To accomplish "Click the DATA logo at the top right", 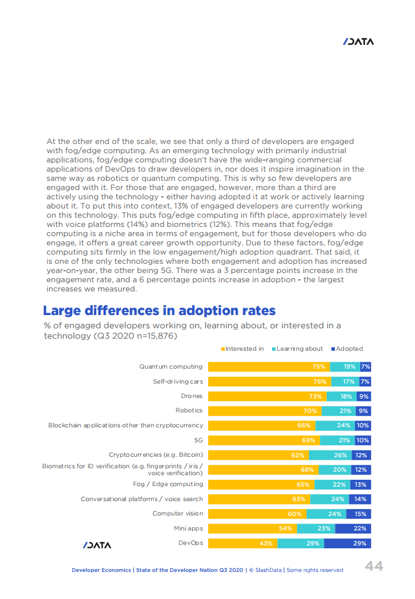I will point(358,41).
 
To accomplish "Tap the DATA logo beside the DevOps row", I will point(97,545).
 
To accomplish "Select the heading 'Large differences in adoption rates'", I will point(159,311).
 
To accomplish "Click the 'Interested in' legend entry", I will point(242,348).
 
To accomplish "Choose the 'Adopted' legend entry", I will point(347,348).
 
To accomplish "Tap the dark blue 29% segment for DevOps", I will point(347,543).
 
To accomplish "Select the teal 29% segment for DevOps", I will point(300,543).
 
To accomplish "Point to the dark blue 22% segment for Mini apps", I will point(353,528).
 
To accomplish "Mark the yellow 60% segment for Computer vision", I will point(256,514).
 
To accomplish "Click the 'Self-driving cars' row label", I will point(178,381).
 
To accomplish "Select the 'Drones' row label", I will point(191,396).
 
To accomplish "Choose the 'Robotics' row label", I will point(189,411).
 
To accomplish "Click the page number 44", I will point(374,567).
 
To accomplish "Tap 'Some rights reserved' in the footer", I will point(315,570).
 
